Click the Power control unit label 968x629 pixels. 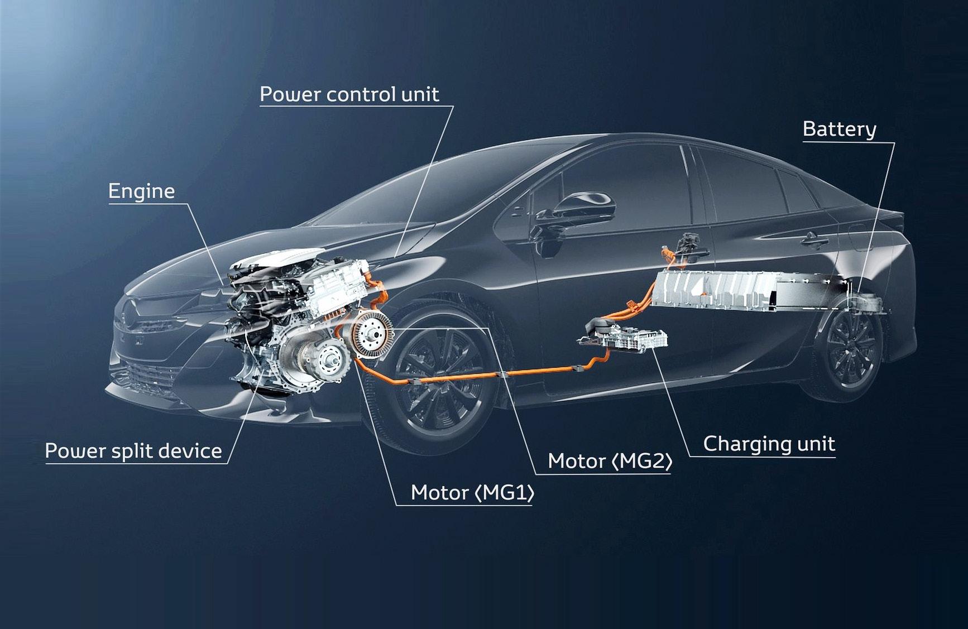coord(349,94)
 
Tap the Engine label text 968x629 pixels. coord(141,191)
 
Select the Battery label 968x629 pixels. coord(839,129)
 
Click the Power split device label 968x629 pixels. coord(133,451)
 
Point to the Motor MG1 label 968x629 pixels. coord(472,493)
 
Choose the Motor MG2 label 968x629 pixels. coord(610,461)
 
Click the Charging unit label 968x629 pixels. coord(769,444)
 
